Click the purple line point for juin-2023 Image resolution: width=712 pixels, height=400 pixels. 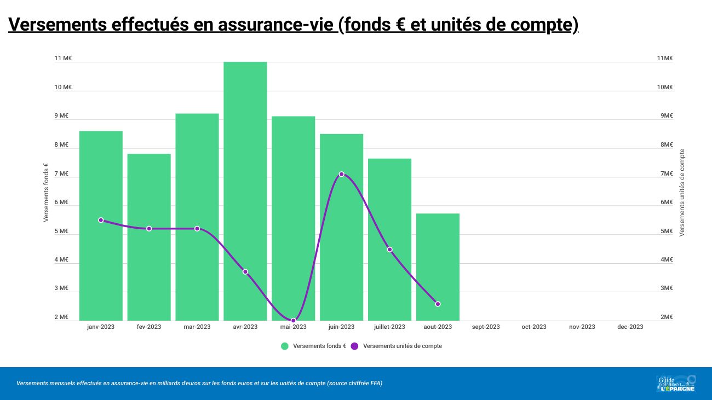(341, 174)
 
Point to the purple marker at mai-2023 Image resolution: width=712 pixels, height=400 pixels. (294, 320)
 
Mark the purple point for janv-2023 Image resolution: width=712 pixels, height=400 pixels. (101, 220)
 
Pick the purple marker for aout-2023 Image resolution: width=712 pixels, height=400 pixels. (438, 304)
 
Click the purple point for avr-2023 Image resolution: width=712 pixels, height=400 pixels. (245, 271)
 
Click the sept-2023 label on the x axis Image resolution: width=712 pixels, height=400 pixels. (486, 327)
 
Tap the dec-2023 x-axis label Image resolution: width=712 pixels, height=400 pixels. (630, 327)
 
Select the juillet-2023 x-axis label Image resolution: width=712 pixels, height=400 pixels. (389, 327)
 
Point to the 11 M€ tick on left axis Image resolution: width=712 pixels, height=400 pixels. (63, 59)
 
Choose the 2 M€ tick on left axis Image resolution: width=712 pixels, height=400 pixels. (61, 317)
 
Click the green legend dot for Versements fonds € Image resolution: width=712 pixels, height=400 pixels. (285, 346)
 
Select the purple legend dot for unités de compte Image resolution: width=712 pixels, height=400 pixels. (354, 346)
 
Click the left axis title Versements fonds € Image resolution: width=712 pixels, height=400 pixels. (46, 193)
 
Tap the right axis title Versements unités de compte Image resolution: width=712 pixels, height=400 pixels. (682, 193)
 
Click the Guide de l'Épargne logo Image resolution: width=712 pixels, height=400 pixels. (676, 383)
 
